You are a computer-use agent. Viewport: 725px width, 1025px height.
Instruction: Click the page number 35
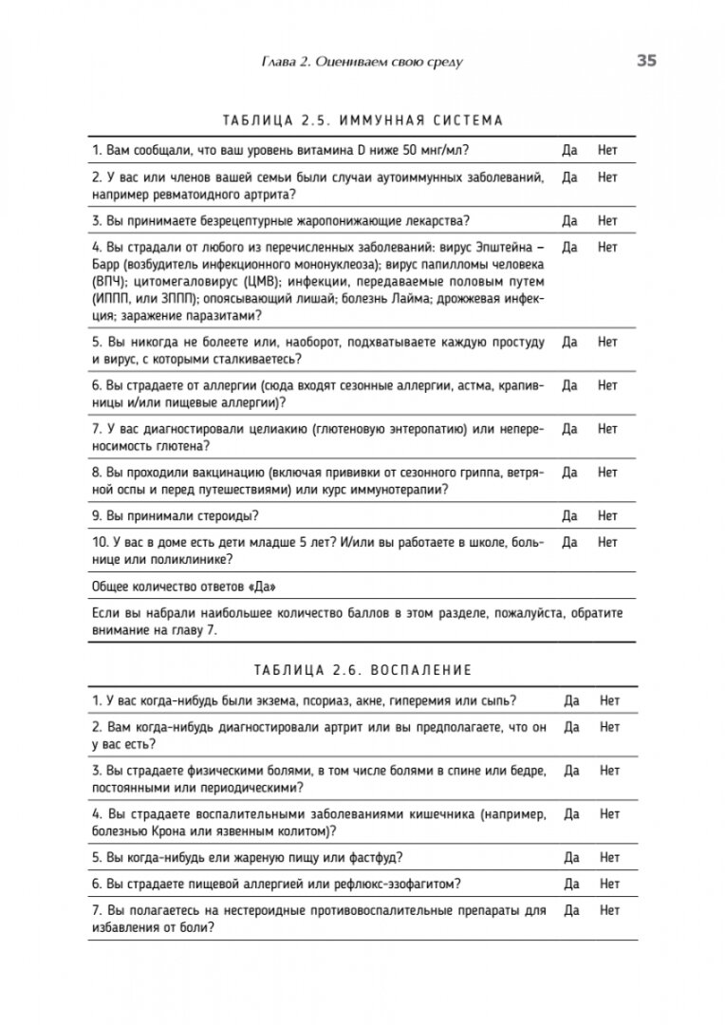pyautogui.click(x=646, y=61)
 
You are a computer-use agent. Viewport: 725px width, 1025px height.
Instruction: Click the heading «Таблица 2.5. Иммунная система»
pyautogui.click(x=362, y=121)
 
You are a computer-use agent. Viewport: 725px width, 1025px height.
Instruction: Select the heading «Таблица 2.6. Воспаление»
pyautogui.click(x=362, y=670)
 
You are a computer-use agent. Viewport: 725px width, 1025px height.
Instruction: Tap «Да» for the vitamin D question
pyautogui.click(x=570, y=150)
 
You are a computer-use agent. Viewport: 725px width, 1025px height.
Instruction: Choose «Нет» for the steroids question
pyautogui.click(x=607, y=516)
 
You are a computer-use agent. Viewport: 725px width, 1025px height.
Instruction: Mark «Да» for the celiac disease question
pyautogui.click(x=570, y=429)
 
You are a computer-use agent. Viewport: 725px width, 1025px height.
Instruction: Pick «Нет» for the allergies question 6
pyautogui.click(x=607, y=385)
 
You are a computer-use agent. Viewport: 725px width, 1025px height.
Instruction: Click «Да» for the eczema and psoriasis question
pyautogui.click(x=572, y=700)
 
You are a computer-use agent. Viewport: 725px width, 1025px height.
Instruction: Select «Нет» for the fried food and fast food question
pyautogui.click(x=609, y=858)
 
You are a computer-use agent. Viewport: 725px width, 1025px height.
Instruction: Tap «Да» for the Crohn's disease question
pyautogui.click(x=572, y=814)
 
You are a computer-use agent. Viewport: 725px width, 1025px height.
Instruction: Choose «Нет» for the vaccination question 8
pyautogui.click(x=607, y=473)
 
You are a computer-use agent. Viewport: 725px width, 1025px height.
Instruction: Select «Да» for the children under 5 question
pyautogui.click(x=570, y=543)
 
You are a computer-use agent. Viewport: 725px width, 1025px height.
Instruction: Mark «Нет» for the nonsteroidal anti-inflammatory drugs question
pyautogui.click(x=609, y=911)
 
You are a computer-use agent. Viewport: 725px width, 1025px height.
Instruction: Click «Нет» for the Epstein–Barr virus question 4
pyautogui.click(x=607, y=248)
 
